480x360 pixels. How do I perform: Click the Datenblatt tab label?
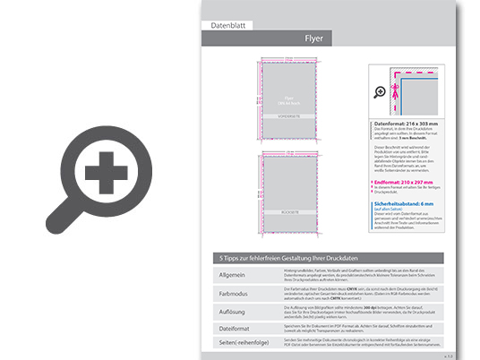click(227, 27)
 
